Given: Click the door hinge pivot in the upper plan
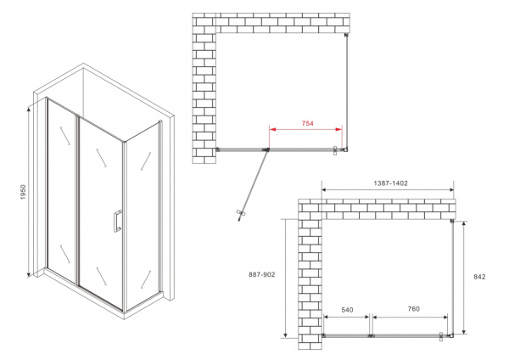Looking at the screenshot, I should [266, 150].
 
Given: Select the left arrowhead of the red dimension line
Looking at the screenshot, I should [272, 129].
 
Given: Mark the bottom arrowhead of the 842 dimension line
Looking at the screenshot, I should [464, 332].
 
